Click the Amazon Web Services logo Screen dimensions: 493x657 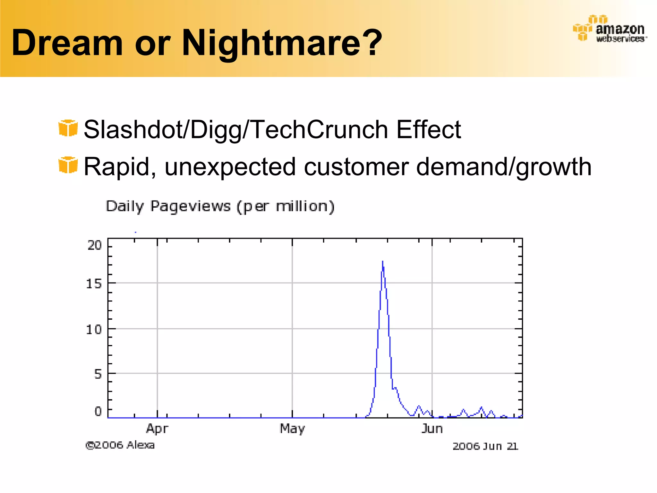coord(610,29)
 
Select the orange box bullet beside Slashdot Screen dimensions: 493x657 coord(68,128)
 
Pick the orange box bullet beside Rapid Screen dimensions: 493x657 coord(68,165)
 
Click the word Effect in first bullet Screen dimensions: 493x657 coord(429,129)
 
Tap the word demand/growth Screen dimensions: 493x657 coord(504,167)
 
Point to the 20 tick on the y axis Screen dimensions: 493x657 coord(94,246)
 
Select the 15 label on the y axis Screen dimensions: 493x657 coord(94,284)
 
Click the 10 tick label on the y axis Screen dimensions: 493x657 coord(94,329)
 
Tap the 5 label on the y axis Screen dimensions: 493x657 coord(98,374)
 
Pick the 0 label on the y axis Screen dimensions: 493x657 coord(98,411)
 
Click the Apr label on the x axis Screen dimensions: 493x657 coord(157,428)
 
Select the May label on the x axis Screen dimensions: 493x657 coord(292,428)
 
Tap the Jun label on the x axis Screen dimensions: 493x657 coord(432,428)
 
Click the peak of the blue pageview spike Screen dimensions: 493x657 coord(382,262)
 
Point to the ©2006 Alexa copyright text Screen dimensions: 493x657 coord(120,445)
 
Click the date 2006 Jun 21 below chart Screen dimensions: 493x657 coord(485,446)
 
